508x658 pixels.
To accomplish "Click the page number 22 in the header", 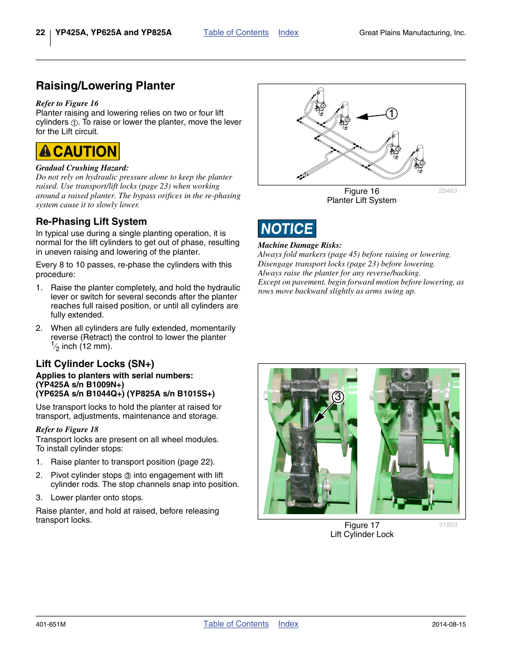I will (40, 33).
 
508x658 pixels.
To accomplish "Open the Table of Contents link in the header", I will (236, 33).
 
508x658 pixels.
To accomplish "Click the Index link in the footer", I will (288, 624).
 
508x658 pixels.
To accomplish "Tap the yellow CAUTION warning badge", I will (78, 151).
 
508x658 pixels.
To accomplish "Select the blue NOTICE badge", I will (287, 229).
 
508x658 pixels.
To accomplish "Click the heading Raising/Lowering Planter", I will (105, 86).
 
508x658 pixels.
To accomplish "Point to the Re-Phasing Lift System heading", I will (91, 222).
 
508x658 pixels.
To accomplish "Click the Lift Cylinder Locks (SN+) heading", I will (95, 364).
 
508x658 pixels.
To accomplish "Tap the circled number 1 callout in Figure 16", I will (391, 113).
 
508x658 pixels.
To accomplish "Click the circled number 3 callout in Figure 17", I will (338, 397).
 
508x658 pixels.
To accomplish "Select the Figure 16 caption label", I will (362, 191).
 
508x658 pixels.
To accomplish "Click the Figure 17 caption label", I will (362, 525).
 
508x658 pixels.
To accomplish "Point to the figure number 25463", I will (447, 191).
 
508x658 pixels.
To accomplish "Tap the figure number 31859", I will (448, 525).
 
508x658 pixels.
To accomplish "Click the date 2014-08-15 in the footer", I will (448, 624).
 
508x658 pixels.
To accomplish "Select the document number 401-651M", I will (51, 624).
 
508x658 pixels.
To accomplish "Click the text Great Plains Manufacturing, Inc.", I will (412, 33).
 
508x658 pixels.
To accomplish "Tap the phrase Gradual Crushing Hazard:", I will (82, 168).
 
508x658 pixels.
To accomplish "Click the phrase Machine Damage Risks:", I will (300, 245).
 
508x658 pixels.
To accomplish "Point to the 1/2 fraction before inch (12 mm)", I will (55, 346).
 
